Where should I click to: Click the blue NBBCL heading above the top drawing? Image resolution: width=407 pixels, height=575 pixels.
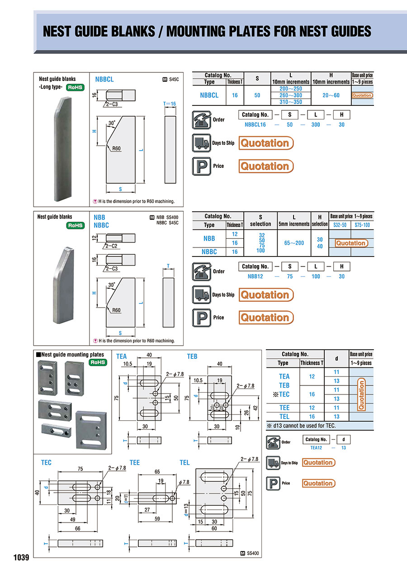click(x=104, y=79)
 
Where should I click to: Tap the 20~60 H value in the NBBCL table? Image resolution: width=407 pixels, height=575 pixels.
click(x=331, y=95)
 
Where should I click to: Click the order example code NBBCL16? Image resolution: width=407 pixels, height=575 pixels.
click(x=255, y=125)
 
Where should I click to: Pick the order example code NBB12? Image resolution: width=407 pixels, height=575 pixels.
click(x=255, y=276)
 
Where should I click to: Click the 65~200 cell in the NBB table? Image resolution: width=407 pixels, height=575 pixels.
click(x=293, y=243)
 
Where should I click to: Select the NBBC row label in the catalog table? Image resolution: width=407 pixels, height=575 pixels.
click(x=209, y=252)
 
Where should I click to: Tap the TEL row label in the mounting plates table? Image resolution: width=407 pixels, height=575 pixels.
click(x=284, y=416)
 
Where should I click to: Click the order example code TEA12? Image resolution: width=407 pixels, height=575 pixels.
click(x=316, y=447)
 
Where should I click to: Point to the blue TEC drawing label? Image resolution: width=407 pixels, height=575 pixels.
click(x=46, y=462)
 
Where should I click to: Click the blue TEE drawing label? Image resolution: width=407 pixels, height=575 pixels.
click(x=135, y=462)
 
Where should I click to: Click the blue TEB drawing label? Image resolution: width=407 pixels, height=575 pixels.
click(x=192, y=356)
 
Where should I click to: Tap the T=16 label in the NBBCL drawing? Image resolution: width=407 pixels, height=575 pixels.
click(x=170, y=104)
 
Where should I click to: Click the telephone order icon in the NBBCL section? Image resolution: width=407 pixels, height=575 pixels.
click(x=200, y=119)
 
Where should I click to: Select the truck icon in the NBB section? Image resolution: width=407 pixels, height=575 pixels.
click(x=200, y=295)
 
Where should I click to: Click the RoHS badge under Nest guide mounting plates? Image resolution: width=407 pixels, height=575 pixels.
click(x=98, y=362)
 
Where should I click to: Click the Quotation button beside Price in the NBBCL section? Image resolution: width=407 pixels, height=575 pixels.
click(x=266, y=166)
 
